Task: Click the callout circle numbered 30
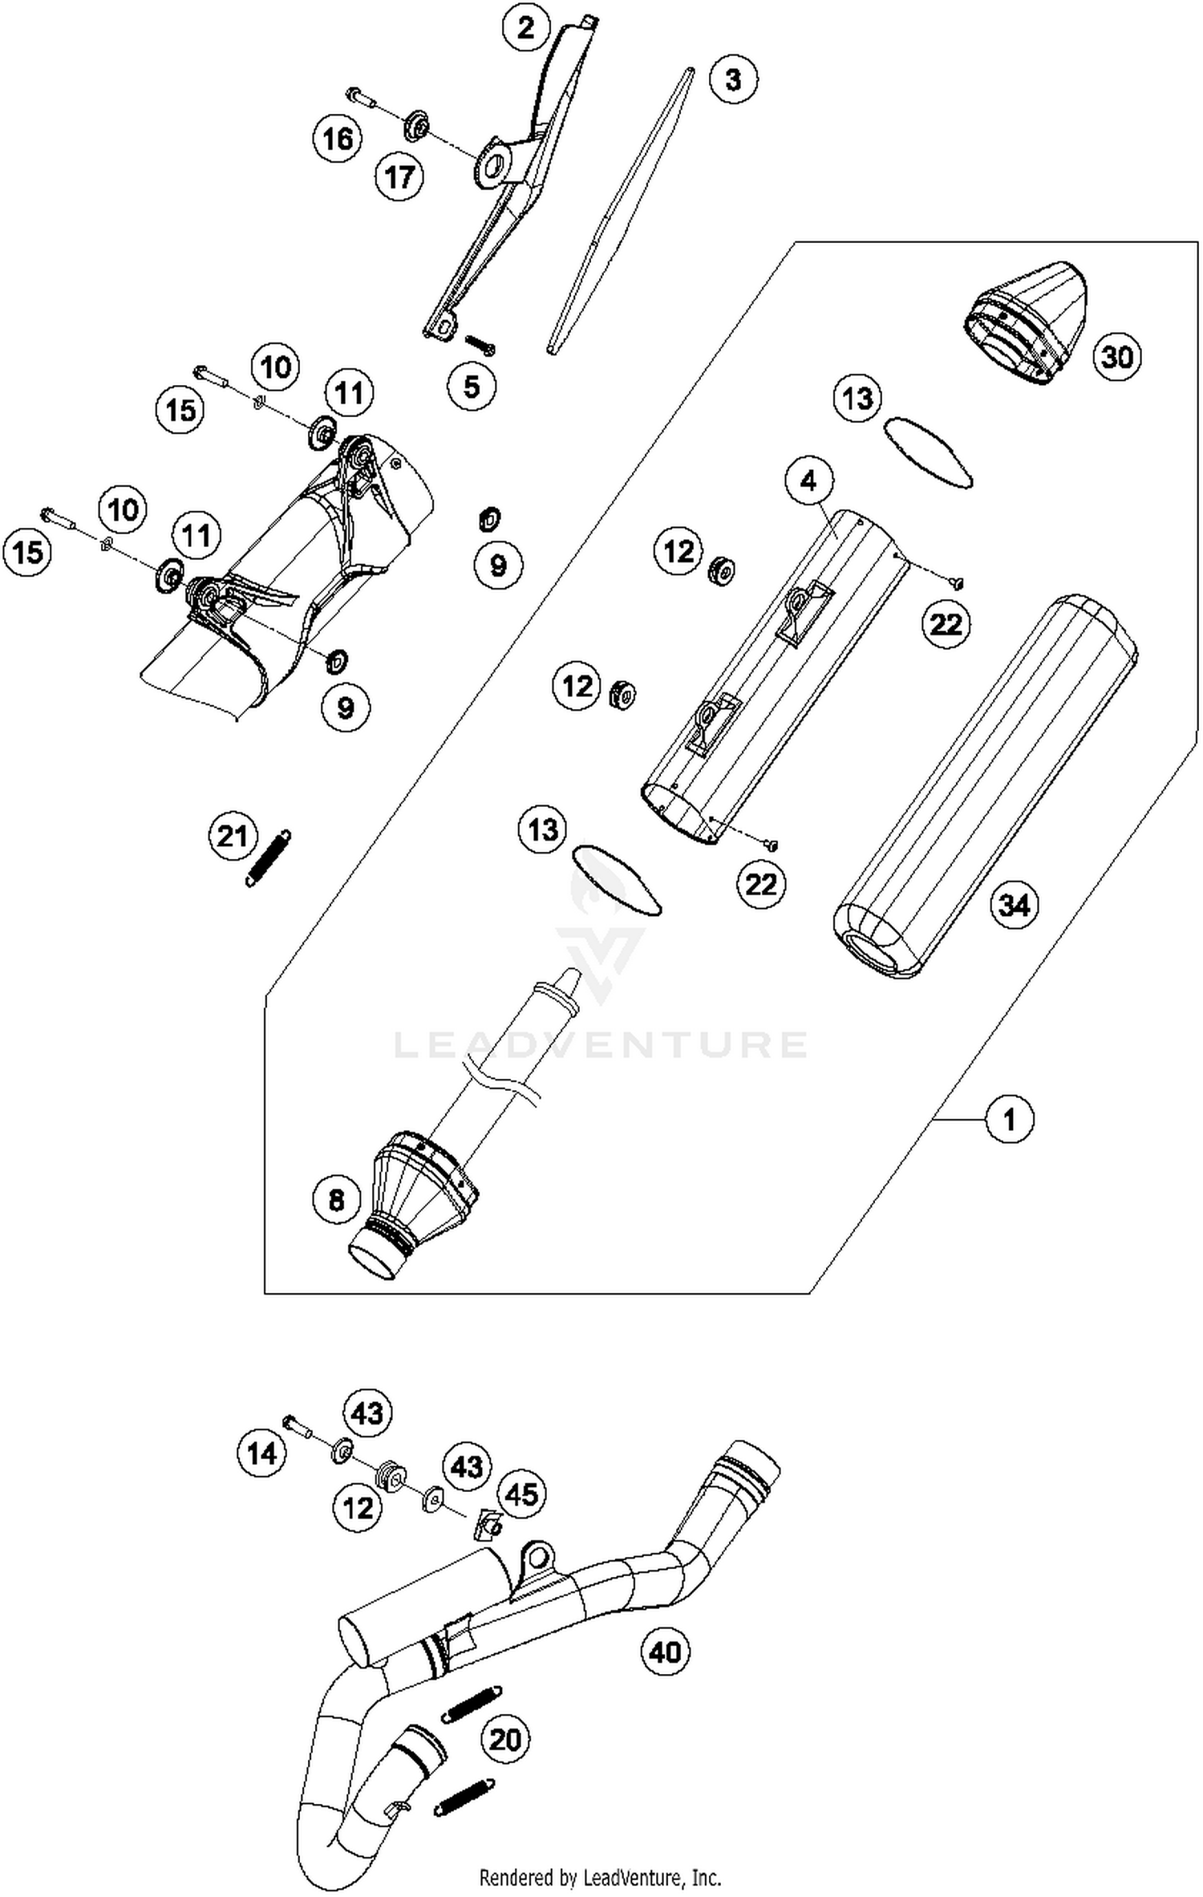pos(1117,356)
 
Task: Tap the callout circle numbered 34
pos(1015,906)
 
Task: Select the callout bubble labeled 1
pos(1010,1118)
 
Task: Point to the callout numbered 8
pos(336,1199)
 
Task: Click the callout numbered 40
pos(666,1652)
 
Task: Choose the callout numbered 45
pos(521,1494)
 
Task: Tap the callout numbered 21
pos(233,837)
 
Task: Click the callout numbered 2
pos(525,28)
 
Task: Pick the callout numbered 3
pos(733,79)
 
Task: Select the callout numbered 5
pos(472,386)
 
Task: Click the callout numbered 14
pos(262,1453)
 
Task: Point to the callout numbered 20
pos(505,1740)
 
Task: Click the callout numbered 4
pos(808,480)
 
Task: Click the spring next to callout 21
pos(268,858)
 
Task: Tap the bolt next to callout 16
pos(362,98)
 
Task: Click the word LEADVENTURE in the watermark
pos(601,1044)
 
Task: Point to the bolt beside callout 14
pos(296,1425)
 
